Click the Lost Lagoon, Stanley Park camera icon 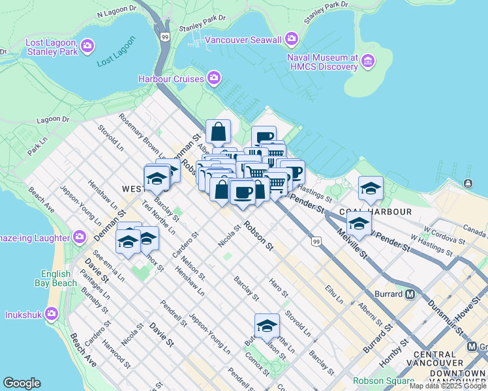(x=87, y=46)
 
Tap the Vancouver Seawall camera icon (x=291, y=39)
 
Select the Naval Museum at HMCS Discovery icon (x=369, y=62)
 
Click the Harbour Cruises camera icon (x=214, y=79)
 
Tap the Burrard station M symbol (x=410, y=294)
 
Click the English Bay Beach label (x=55, y=278)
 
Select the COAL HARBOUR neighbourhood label (x=375, y=212)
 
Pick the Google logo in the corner (x=22, y=383)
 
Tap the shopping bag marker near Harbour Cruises (x=218, y=132)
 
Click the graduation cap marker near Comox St (x=267, y=326)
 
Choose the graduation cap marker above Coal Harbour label (x=371, y=188)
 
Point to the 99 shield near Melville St (x=316, y=242)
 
